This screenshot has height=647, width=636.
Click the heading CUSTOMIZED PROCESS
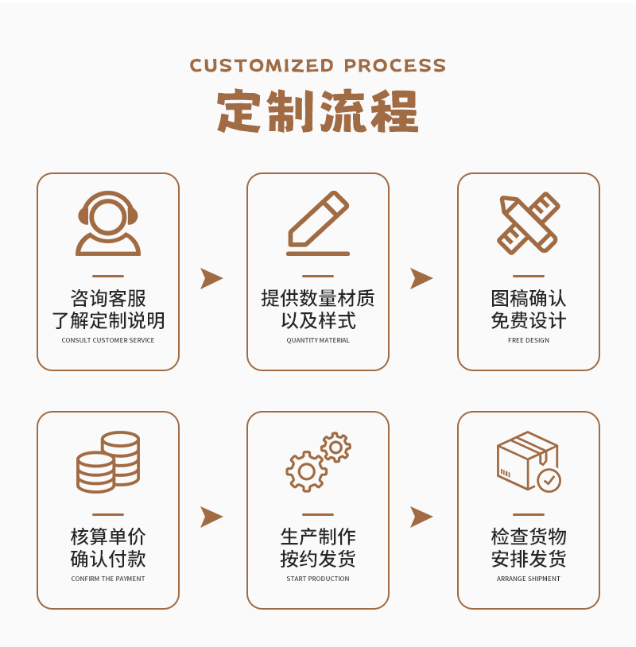point(318,65)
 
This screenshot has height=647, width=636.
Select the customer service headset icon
point(108,223)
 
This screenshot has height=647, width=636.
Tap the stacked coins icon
point(108,462)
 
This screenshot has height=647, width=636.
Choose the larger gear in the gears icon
point(306,471)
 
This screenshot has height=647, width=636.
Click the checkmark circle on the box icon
point(549,480)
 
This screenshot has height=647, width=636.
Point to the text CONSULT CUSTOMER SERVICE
point(108,340)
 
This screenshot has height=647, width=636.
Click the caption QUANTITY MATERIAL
point(318,340)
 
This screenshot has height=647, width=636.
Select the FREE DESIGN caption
point(529,340)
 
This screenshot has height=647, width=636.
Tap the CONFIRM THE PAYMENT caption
point(108,579)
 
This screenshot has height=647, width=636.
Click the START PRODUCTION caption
point(318,579)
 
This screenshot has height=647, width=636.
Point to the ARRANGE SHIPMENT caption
point(529,579)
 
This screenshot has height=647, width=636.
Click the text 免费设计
point(529,320)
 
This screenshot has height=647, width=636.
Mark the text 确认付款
point(108,559)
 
